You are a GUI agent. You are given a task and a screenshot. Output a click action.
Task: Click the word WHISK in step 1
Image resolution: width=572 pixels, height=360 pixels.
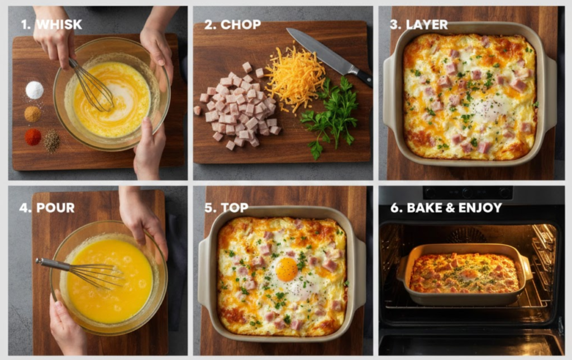pyautogui.click(x=59, y=25)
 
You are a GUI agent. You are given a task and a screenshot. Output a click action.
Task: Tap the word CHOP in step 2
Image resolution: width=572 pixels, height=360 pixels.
pyautogui.click(x=241, y=25)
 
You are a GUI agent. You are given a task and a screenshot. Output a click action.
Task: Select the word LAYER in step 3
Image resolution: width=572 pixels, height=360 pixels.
pyautogui.click(x=427, y=25)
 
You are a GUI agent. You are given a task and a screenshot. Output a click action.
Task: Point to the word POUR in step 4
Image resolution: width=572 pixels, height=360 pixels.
pyautogui.click(x=55, y=208)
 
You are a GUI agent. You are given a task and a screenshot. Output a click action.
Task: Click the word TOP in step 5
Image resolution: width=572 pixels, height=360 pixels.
pyautogui.click(x=235, y=208)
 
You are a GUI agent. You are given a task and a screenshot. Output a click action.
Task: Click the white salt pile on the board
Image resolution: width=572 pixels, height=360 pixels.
pyautogui.click(x=35, y=90)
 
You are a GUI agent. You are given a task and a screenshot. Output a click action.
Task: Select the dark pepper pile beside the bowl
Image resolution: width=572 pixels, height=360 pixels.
pyautogui.click(x=52, y=142)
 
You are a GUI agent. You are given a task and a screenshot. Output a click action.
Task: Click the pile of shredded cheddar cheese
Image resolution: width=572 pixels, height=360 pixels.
pyautogui.click(x=294, y=78)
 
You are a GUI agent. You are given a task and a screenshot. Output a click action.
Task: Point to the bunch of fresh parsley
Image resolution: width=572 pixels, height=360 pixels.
pyautogui.click(x=331, y=112)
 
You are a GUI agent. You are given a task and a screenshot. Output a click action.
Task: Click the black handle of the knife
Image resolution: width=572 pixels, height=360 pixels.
pyautogui.click(x=363, y=77)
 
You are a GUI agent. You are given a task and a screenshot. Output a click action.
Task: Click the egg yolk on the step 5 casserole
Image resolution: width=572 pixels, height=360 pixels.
pyautogui.click(x=287, y=270)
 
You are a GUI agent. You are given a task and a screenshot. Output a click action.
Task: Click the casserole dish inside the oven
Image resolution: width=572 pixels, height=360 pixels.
pyautogui.click(x=464, y=275)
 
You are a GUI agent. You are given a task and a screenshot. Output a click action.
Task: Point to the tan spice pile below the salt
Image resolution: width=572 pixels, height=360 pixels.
pyautogui.click(x=33, y=114)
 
